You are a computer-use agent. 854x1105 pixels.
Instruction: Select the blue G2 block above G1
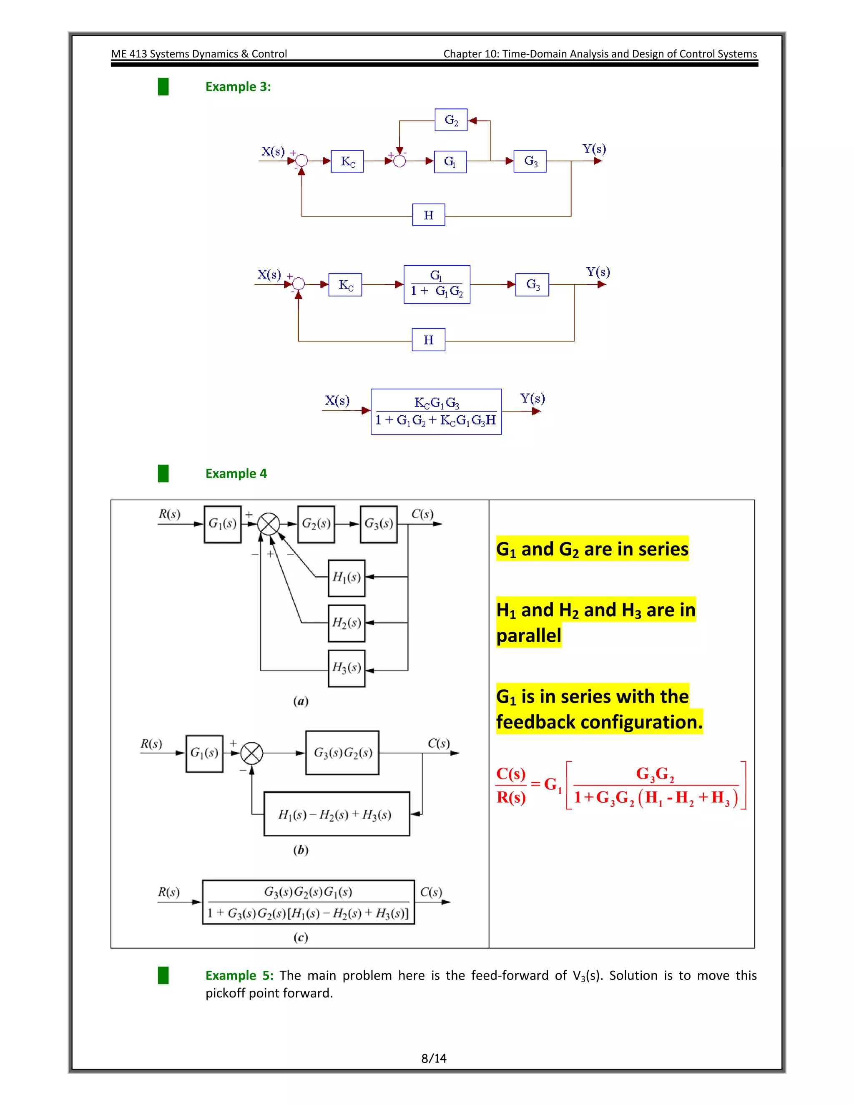[x=451, y=120]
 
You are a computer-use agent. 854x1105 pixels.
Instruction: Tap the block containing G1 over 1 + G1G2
[x=437, y=284]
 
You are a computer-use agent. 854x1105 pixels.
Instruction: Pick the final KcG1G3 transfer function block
[x=436, y=411]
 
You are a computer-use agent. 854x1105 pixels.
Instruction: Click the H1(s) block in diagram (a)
[x=347, y=577]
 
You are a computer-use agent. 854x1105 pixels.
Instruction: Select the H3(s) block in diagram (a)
[x=347, y=668]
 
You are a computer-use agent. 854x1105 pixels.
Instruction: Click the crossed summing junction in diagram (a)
[x=269, y=524]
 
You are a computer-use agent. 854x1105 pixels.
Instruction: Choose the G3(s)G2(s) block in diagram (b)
[x=342, y=752]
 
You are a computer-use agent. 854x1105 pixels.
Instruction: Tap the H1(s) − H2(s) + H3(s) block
[x=337, y=814]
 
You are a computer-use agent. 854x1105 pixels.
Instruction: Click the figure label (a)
[x=301, y=701]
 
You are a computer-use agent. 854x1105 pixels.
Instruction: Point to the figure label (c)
[x=301, y=937]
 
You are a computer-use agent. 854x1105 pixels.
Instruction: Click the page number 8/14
[x=434, y=1058]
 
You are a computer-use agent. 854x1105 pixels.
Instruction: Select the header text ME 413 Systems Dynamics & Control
[x=199, y=54]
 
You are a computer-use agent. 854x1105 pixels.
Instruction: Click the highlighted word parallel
[x=529, y=635]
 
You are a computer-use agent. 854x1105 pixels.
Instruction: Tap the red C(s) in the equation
[x=510, y=773]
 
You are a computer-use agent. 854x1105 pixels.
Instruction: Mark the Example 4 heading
[x=236, y=474]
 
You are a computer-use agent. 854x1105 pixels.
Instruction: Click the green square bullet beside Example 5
[x=163, y=975]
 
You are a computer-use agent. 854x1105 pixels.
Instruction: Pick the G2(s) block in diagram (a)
[x=316, y=524]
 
